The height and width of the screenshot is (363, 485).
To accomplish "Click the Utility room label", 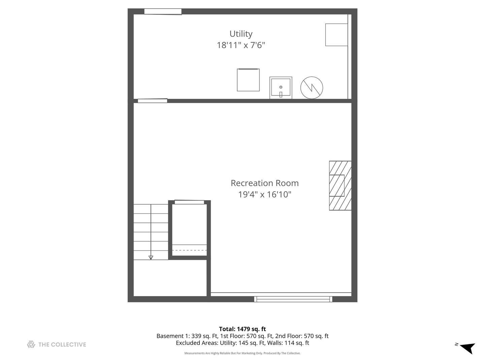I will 241,34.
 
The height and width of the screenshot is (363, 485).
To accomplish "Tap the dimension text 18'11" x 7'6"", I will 241,45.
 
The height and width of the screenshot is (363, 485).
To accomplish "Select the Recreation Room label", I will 264,183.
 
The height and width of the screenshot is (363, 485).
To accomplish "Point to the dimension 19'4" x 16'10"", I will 264,194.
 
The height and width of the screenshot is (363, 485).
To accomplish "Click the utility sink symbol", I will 281,87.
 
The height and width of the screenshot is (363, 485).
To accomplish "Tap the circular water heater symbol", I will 312,88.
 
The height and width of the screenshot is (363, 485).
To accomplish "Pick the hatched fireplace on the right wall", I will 340,186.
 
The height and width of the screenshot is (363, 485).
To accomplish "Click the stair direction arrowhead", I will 151,257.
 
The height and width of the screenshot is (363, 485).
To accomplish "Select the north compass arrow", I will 467,348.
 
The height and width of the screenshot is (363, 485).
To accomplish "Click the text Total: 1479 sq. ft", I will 242,329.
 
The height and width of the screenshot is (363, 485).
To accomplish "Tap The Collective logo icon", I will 31,345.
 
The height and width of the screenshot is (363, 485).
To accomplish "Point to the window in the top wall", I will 163,12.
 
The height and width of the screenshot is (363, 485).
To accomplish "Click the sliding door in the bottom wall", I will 293,299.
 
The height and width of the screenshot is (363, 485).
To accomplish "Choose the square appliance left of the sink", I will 248,80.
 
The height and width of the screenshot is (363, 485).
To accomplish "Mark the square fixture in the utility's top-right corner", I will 336,35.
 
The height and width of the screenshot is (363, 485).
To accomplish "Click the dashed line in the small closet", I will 190,250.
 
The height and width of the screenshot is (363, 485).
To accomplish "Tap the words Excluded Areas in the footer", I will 197,343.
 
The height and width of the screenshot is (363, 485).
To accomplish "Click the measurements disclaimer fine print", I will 242,353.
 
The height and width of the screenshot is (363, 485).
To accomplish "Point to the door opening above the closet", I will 189,202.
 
